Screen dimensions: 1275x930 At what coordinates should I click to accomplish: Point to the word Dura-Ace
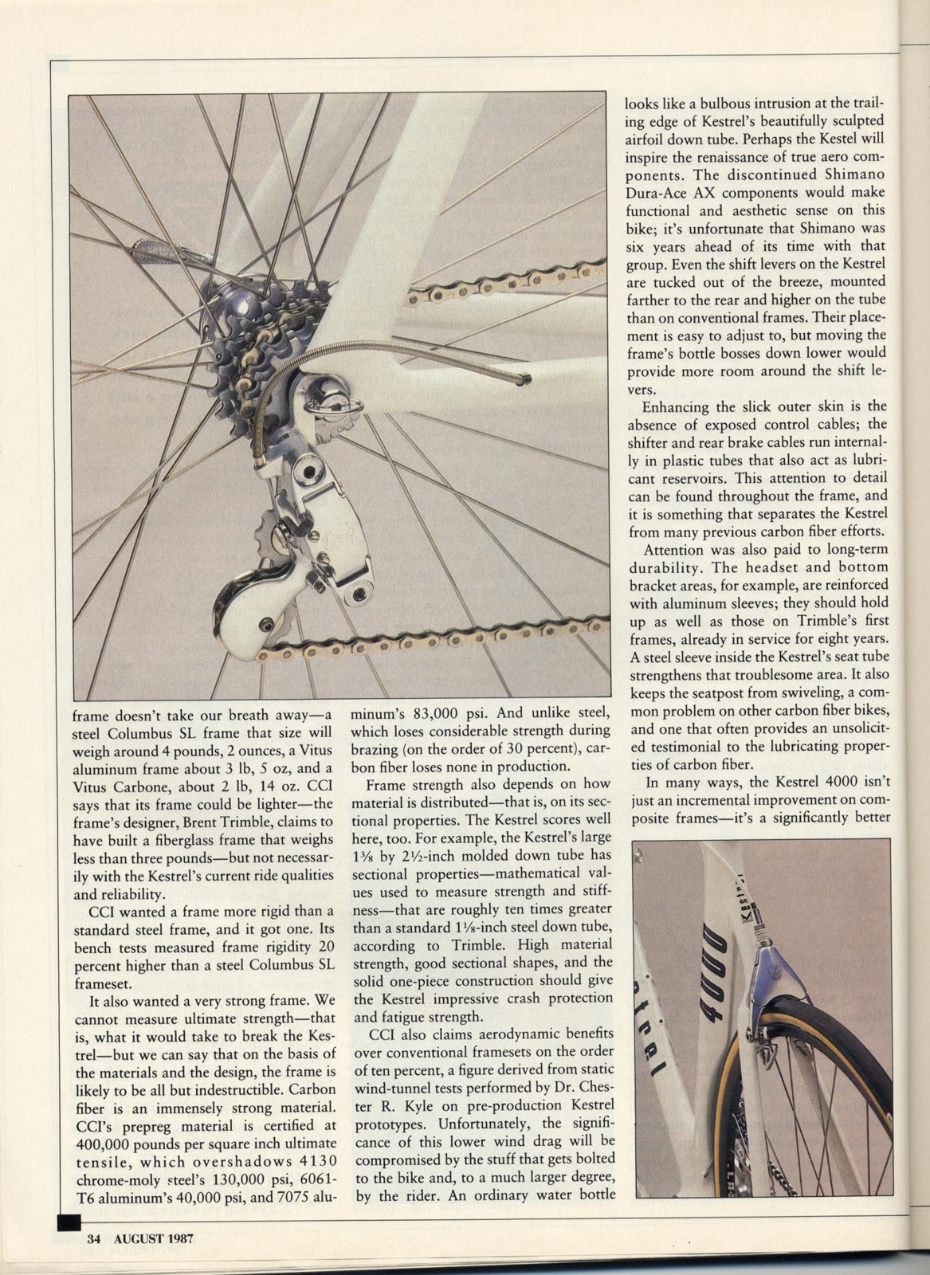[x=657, y=191]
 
